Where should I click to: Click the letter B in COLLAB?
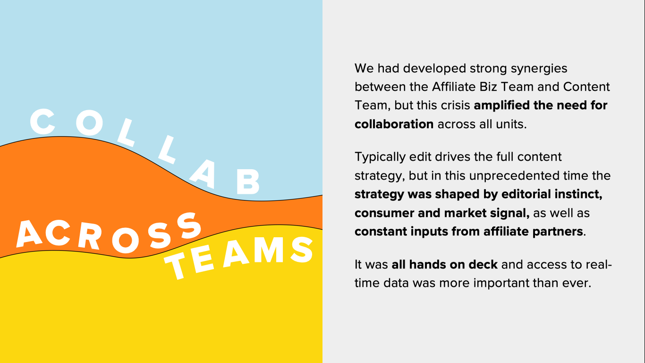[248, 181]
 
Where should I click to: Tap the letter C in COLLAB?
[42, 121]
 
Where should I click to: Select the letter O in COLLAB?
[90, 122]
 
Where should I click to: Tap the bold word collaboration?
[394, 124]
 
